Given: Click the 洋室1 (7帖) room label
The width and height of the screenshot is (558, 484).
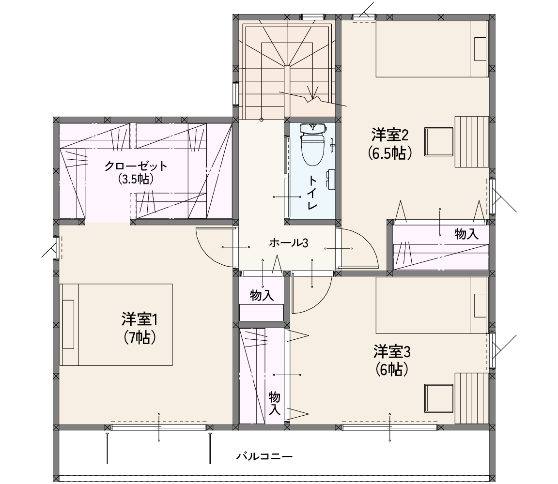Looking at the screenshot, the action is (139, 328).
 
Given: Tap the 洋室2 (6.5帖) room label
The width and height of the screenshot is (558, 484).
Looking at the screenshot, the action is (390, 144).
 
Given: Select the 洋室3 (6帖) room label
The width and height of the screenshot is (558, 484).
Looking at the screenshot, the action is (392, 361).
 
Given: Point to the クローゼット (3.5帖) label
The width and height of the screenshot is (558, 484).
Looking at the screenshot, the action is (136, 172).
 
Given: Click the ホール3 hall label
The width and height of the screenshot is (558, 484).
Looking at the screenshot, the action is (288, 243).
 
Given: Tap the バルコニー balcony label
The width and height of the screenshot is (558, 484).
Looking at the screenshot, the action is (264, 456).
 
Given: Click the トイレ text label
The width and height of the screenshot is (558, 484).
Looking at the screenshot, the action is (312, 193).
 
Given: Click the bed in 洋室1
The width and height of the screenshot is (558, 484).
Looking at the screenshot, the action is (116, 325).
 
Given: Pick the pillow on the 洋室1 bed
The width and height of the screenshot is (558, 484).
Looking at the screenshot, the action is (68, 325).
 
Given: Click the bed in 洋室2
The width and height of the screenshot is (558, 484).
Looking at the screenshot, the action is (432, 49).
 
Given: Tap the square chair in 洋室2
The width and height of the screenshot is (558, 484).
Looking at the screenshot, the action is (439, 142).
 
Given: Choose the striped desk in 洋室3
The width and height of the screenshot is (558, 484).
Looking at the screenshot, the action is (472, 398).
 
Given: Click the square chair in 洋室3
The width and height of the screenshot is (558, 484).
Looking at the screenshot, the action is (439, 398).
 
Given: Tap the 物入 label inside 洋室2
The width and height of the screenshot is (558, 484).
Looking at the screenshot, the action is (466, 234).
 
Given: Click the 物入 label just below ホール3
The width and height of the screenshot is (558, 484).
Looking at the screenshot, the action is (262, 295).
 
